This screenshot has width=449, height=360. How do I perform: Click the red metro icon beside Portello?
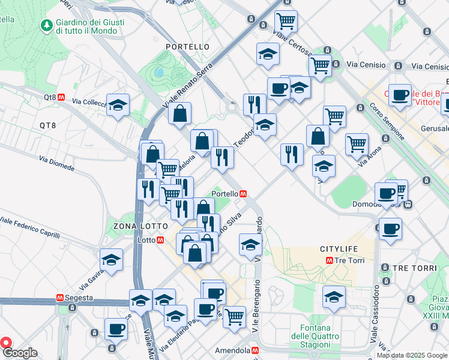coord(244,194)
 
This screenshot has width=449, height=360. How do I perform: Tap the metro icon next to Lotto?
coord(160,240)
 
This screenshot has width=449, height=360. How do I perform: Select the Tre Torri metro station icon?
coord(329,260)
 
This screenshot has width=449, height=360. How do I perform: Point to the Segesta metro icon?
coord(60,298)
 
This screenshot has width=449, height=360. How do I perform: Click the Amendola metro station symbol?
coord(255,350)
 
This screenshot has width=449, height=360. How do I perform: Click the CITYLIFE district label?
coord(339,248)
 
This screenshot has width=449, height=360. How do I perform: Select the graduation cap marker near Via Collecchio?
coord(118,106)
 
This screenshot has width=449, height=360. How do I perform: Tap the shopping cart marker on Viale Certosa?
coord(286,22)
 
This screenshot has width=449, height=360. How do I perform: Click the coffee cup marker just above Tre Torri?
coord(390,229)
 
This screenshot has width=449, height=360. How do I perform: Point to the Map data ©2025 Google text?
coord(412,355)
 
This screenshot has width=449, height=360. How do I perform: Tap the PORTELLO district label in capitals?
coord(188,47)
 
